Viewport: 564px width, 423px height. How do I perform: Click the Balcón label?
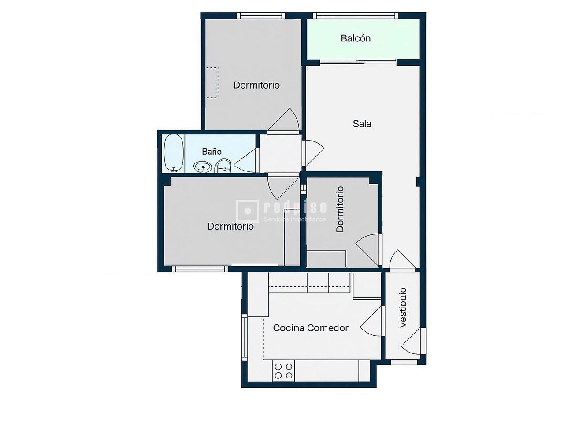(356, 38)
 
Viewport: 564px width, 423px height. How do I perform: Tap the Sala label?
(362, 124)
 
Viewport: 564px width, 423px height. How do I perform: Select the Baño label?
(211, 152)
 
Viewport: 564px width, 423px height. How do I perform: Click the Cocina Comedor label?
(311, 328)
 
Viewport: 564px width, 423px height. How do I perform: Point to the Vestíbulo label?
(402, 308)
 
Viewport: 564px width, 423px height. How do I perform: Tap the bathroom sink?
(203, 167)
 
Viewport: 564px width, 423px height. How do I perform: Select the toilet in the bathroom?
(223, 166)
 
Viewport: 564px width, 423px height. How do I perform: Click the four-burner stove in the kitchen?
(283, 371)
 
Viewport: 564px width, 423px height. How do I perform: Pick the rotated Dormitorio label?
(340, 209)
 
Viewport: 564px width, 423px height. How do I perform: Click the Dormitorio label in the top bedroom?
(256, 85)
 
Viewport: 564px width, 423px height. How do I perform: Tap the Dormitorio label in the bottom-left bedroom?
(230, 226)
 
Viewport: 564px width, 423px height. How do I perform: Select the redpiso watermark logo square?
(247, 210)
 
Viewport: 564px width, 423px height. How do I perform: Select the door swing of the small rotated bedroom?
(368, 249)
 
